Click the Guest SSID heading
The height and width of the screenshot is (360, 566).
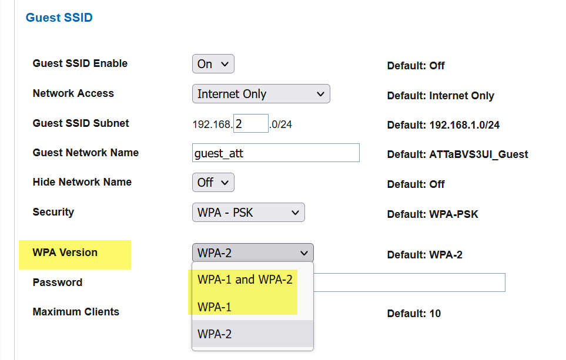(x=59, y=18)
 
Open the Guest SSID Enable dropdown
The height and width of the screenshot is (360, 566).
(x=213, y=64)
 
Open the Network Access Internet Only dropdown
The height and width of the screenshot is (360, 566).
(x=261, y=94)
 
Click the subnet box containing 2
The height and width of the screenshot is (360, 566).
(x=250, y=124)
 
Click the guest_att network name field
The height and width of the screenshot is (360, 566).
(x=275, y=153)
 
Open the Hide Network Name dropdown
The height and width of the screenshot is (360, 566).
(x=213, y=183)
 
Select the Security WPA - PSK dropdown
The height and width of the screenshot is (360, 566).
(x=248, y=213)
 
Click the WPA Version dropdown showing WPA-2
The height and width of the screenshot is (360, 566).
(x=253, y=253)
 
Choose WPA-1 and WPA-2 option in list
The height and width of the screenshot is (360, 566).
(x=245, y=280)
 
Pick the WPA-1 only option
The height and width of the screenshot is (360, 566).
(x=215, y=307)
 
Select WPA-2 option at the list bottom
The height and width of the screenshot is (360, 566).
(x=215, y=334)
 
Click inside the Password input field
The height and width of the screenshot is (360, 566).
(x=411, y=282)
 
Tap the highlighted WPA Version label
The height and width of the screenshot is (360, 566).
(x=65, y=253)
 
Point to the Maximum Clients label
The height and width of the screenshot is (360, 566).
(x=76, y=312)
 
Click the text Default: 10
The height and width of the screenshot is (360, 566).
(x=413, y=314)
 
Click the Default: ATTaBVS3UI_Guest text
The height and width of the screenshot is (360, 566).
(x=457, y=155)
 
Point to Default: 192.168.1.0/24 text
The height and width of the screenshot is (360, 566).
(x=443, y=125)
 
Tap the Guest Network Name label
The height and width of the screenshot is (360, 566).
(x=85, y=153)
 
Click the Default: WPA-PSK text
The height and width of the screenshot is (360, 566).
(x=432, y=214)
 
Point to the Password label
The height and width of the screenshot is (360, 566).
(x=57, y=282)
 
